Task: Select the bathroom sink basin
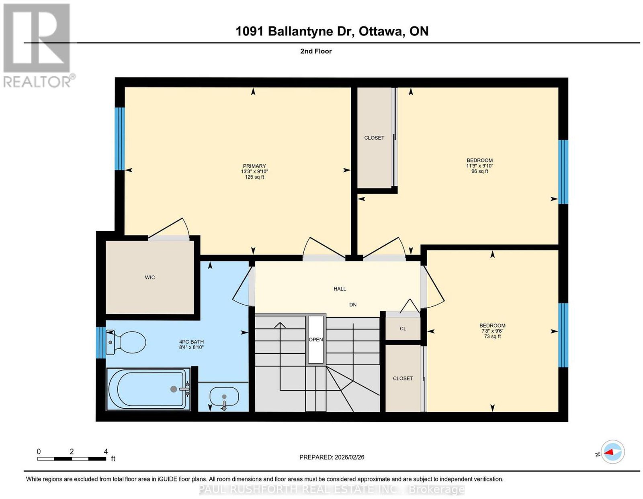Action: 224,397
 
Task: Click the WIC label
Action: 150,277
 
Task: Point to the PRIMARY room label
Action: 254,166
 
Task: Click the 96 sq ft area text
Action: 480,171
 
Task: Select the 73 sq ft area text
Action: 492,336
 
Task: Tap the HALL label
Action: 340,289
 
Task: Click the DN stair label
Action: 353,305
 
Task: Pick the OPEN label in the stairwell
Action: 316,340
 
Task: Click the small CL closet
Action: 403,328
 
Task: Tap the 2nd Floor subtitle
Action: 316,51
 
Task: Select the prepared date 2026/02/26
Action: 350,457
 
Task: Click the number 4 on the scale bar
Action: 106,452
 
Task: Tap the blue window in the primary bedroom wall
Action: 120,139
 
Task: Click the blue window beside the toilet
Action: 101,343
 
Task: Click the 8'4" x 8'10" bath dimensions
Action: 191,347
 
